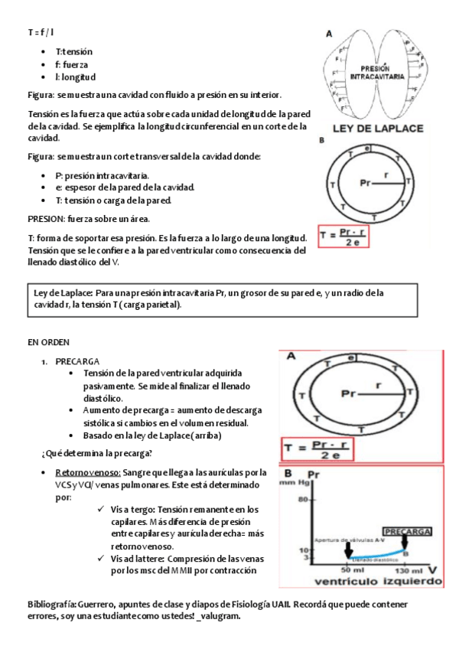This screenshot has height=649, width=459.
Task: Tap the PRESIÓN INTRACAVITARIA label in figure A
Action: (x=375, y=73)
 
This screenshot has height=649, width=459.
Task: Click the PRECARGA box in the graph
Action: (x=408, y=530)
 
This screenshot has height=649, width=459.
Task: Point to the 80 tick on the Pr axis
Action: (x=302, y=500)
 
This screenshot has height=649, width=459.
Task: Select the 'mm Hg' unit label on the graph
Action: (x=294, y=483)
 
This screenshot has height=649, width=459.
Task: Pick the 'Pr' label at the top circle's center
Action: (x=367, y=183)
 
